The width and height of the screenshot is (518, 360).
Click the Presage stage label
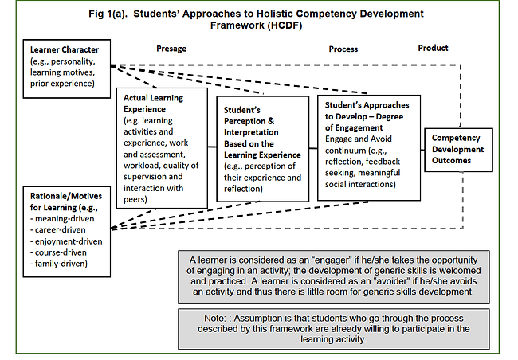pos(171,49)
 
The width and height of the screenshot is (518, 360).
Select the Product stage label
pos(433,48)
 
